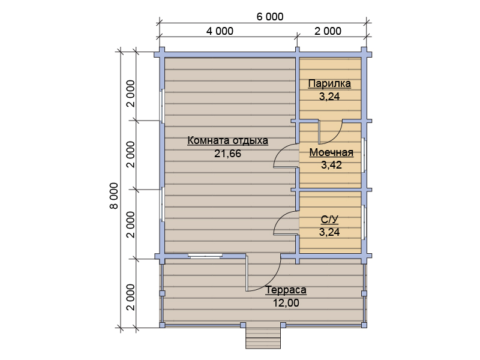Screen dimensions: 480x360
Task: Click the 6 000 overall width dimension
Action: pos(269,17)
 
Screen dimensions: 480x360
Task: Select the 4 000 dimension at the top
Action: pos(220,31)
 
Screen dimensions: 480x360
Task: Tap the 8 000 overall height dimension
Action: pos(114,196)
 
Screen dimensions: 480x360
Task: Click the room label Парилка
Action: pos(329,83)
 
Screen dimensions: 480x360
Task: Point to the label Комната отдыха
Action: pos(228,140)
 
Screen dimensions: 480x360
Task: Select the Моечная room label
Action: pos(331,152)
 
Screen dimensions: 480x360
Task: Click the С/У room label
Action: pos(329,220)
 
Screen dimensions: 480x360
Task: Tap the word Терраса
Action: pos(286,290)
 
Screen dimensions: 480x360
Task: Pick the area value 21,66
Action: pos(228,154)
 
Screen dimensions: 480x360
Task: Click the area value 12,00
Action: pos(286,303)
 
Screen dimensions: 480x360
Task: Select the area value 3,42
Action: pos(331,165)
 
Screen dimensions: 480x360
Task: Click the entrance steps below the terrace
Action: pos(263,338)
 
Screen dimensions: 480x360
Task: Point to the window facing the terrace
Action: pos(205,256)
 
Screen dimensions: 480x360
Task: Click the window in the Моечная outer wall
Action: pos(364,155)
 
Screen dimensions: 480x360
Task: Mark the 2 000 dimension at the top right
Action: pos(328,31)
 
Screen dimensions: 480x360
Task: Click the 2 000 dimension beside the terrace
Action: pos(131,297)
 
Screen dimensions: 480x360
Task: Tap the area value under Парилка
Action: pos(329,97)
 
